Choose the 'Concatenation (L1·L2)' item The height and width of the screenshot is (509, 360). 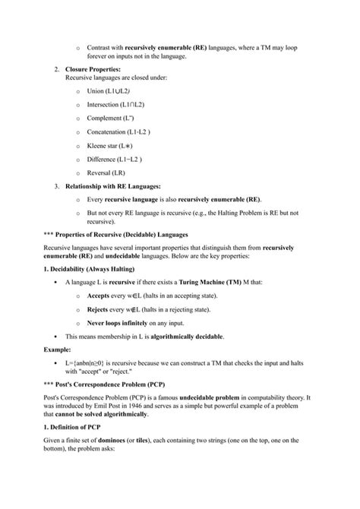coord(117,132)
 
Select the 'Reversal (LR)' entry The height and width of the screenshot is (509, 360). coord(106,173)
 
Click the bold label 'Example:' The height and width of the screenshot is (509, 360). coord(41,351)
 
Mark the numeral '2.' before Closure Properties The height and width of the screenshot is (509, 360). coord(56,69)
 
